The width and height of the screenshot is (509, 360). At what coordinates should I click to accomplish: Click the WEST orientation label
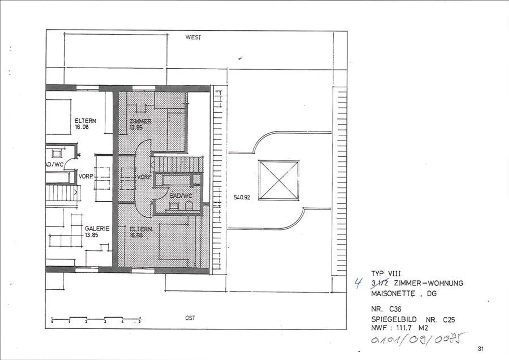[193, 37]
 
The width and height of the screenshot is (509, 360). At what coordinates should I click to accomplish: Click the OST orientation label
[190, 318]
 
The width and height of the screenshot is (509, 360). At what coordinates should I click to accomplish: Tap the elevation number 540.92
[242, 197]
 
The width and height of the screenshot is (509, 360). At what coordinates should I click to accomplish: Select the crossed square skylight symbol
[279, 180]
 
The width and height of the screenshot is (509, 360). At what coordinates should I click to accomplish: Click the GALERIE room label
[97, 229]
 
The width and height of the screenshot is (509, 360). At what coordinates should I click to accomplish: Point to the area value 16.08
[82, 127]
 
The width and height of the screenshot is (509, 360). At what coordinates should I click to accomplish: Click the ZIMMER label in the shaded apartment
[140, 121]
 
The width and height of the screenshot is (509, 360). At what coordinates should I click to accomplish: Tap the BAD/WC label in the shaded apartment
[181, 196]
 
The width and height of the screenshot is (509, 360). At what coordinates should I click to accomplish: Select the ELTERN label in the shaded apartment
[141, 229]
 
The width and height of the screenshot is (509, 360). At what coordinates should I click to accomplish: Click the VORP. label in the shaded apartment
[144, 177]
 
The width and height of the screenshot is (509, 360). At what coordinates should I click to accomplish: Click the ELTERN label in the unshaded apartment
[85, 121]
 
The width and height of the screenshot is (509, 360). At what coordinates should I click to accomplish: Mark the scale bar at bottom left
[96, 319]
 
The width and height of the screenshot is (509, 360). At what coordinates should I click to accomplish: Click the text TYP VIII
[386, 274]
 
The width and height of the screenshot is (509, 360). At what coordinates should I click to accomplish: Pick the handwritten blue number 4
[358, 283]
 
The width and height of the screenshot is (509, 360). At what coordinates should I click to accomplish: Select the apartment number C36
[395, 309]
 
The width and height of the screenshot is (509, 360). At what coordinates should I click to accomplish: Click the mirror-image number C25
[449, 320]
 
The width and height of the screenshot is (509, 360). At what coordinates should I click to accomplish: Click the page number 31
[480, 349]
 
